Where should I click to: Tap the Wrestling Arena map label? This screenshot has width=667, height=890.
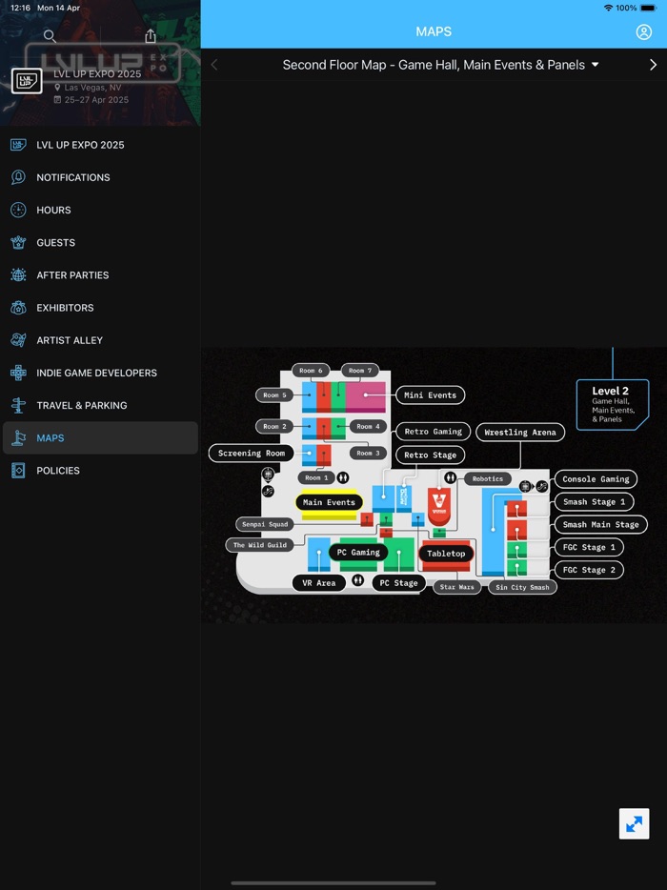click(x=519, y=432)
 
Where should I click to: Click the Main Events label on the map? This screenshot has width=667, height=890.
click(x=329, y=502)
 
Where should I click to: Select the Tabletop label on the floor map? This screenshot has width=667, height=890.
click(x=446, y=554)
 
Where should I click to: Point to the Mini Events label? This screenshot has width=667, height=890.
click(x=430, y=394)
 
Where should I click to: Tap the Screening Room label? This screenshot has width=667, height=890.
click(x=252, y=454)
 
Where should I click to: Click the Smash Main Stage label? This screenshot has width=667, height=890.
click(x=600, y=524)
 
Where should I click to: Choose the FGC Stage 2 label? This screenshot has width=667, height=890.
click(x=589, y=570)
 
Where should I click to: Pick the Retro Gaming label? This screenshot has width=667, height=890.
click(x=433, y=432)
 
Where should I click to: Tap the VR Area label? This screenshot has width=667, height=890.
click(x=319, y=582)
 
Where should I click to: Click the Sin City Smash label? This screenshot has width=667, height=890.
click(x=522, y=587)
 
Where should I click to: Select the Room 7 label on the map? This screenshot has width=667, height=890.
click(x=360, y=371)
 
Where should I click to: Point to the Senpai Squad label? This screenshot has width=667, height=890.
click(x=264, y=524)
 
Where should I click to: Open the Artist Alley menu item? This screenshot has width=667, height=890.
click(x=70, y=340)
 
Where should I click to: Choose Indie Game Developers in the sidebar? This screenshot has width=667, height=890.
click(x=96, y=373)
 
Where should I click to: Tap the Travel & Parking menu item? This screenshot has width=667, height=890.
click(x=81, y=405)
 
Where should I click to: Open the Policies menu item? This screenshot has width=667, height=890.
click(x=58, y=471)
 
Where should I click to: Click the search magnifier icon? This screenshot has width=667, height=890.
click(x=50, y=36)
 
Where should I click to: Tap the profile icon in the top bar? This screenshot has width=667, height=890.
click(x=644, y=32)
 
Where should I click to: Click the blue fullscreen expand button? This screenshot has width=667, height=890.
click(x=634, y=823)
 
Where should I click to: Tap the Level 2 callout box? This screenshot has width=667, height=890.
click(x=612, y=404)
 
